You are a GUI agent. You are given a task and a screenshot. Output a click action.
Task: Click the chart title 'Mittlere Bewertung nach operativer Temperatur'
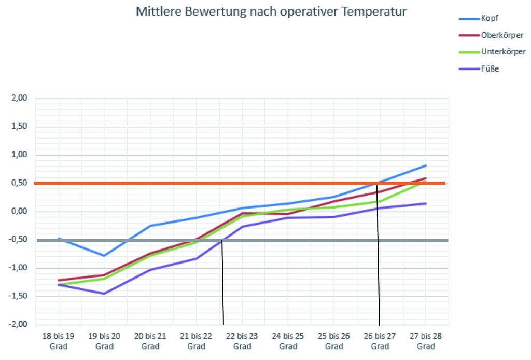(271, 12)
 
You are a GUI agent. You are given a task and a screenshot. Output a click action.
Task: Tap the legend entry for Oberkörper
(502, 35)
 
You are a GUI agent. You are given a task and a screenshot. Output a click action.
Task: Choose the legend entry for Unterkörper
(503, 52)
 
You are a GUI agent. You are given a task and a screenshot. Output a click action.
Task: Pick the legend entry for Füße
(490, 68)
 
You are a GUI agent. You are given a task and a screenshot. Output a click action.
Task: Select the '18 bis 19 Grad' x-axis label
(58, 341)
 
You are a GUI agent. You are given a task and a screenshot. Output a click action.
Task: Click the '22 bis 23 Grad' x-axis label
(242, 341)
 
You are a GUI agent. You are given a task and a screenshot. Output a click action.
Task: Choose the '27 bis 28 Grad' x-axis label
(426, 341)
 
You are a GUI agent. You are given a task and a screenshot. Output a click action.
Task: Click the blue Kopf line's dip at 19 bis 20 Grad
(104, 256)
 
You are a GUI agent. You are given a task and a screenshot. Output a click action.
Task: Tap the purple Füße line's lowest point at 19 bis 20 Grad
(104, 294)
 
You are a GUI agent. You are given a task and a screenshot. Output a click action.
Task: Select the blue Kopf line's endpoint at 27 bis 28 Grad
(426, 165)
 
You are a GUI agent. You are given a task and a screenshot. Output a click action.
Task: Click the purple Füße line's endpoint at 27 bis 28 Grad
(426, 203)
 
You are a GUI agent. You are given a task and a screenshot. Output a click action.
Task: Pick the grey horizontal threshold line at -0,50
(156, 240)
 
